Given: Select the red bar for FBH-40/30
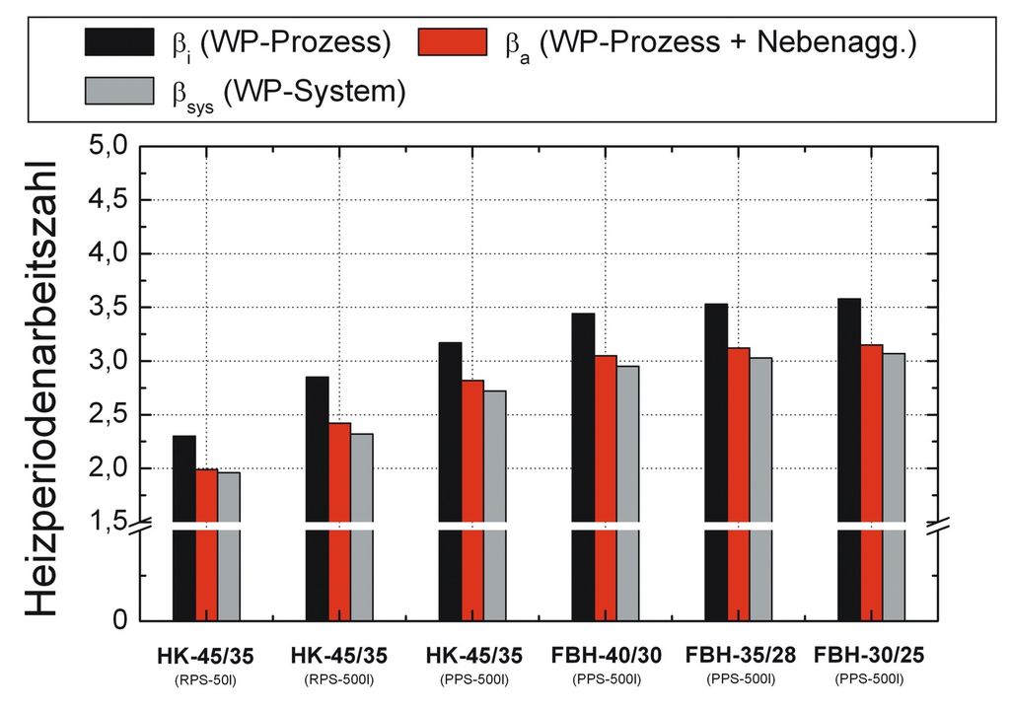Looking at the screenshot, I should pos(605,483).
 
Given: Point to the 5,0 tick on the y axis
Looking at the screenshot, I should pos(108,147).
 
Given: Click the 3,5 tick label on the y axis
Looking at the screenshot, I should pos(108,308).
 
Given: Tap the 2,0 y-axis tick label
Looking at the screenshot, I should pos(108,468).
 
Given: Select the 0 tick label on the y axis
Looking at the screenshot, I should pos(119,621).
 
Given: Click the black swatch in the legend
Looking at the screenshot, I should pos(118,42).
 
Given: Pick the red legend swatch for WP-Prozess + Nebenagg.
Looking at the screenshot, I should pos(453,42).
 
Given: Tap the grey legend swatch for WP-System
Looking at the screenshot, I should pos(118,92).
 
